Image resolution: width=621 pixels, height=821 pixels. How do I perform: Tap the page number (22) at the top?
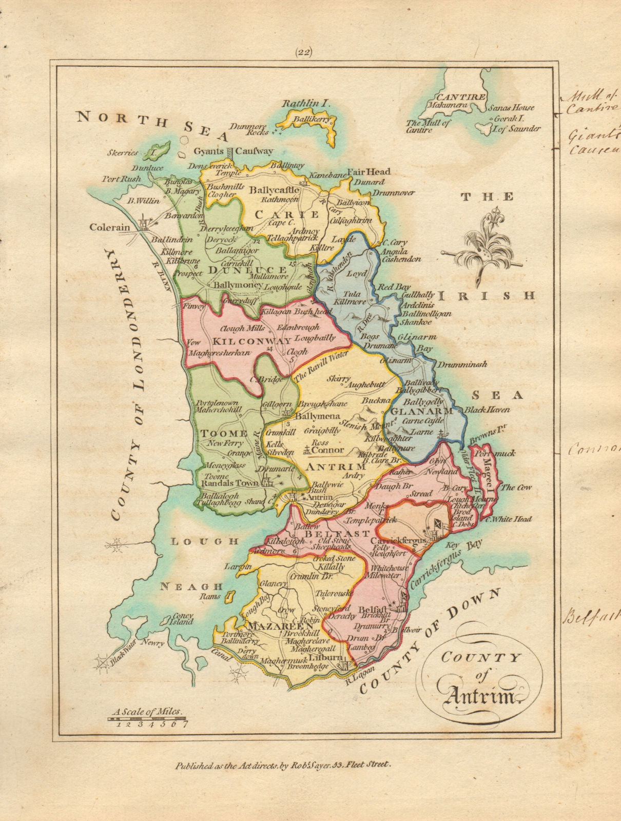pyautogui.click(x=304, y=51)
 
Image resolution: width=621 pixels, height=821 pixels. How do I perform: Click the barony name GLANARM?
pyautogui.click(x=421, y=412)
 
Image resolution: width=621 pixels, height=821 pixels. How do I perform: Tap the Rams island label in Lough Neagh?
pyautogui.click(x=211, y=596)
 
